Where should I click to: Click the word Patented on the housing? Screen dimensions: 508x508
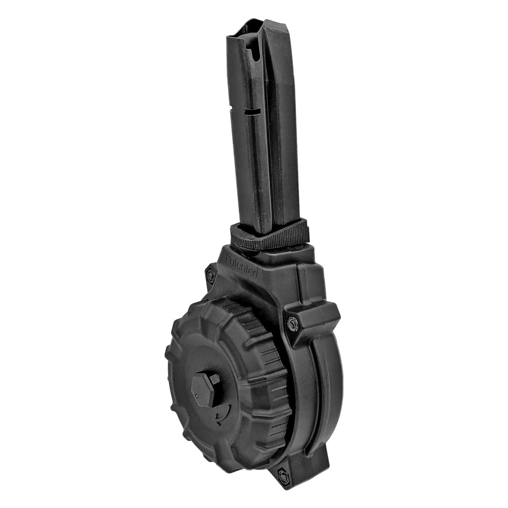pyautogui.click(x=241, y=267)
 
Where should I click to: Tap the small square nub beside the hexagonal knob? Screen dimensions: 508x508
pyautogui.click(x=215, y=378)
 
